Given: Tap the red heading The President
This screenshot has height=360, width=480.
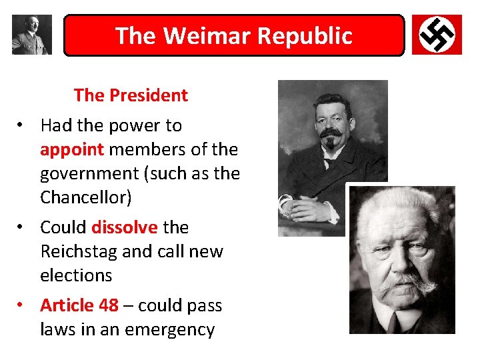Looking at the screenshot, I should [x=131, y=95].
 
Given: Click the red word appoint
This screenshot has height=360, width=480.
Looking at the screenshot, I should [x=72, y=149].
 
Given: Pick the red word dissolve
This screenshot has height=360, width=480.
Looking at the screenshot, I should [x=125, y=227].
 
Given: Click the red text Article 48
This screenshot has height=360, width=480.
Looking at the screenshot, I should [x=79, y=305].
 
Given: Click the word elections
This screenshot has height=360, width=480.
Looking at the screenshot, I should [x=76, y=275].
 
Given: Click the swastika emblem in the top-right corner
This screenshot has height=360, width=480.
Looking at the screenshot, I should [x=437, y=35].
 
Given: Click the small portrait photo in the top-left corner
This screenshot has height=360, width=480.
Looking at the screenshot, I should [x=31, y=35].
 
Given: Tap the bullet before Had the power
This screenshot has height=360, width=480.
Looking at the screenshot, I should [x=22, y=125].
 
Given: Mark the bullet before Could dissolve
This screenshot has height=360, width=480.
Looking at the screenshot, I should [x=22, y=227].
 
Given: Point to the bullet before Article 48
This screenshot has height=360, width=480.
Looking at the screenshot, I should [x=22, y=305].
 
